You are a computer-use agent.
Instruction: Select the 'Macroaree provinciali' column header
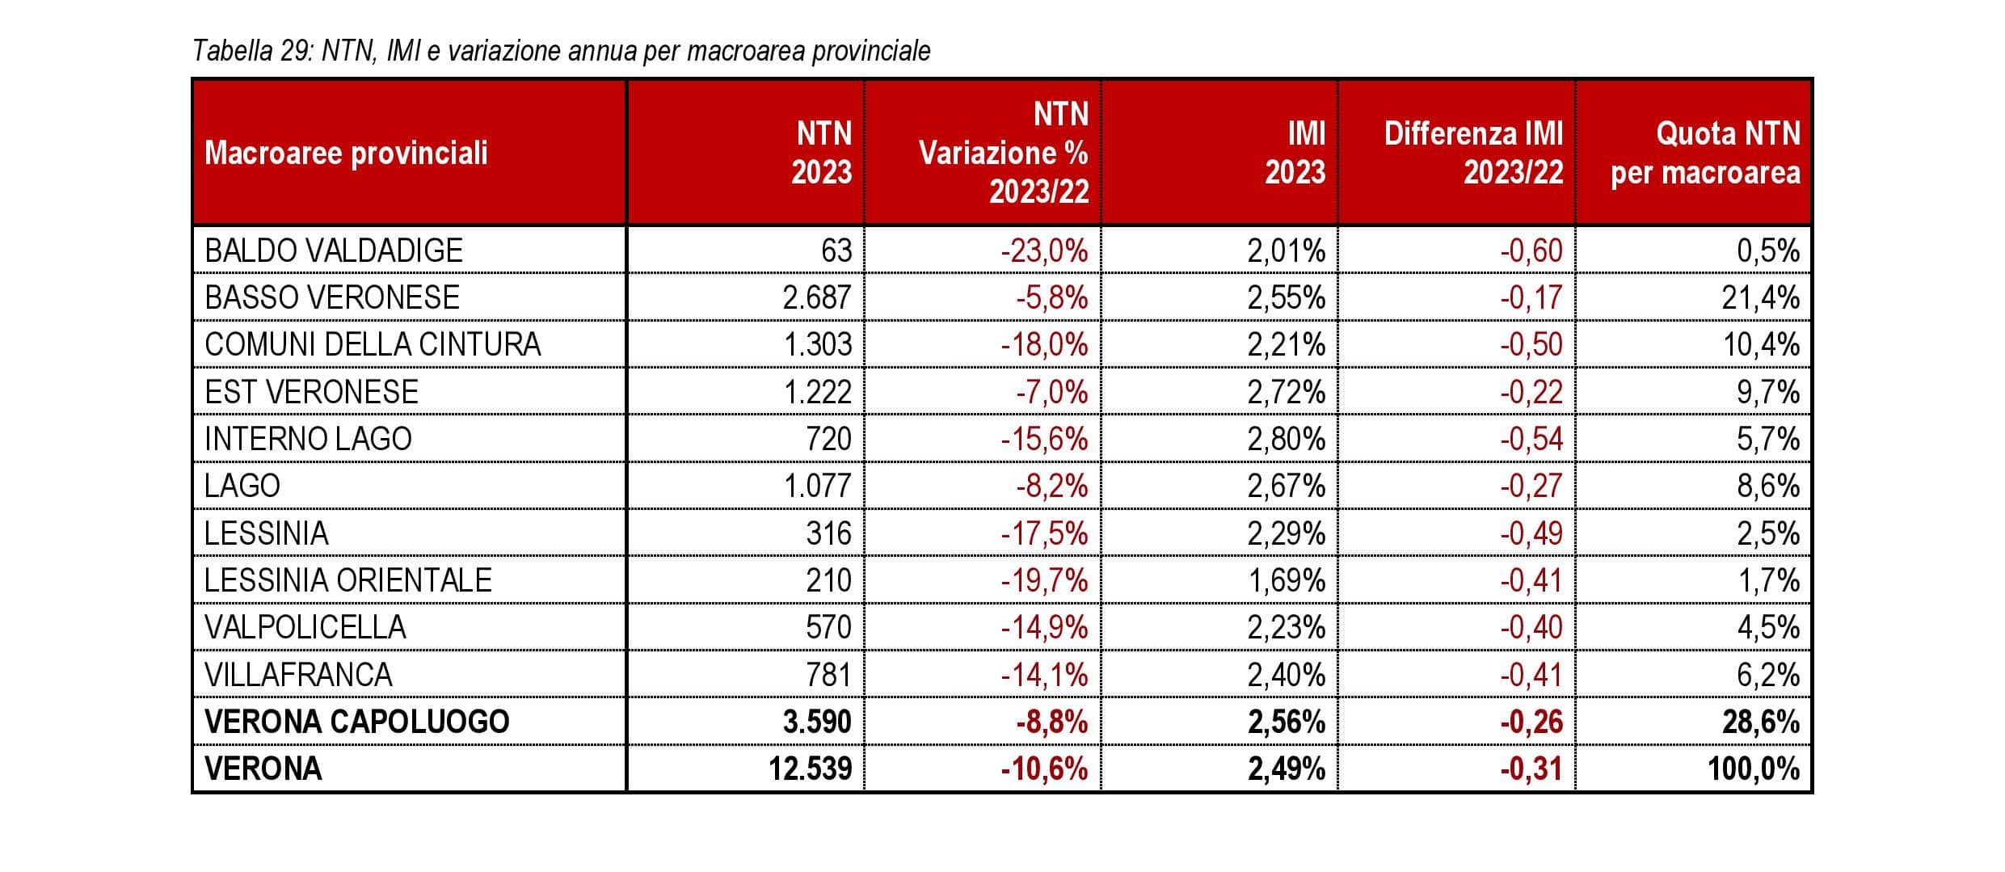[x=346, y=153]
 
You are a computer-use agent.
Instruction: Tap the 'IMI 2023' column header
[x=1295, y=153]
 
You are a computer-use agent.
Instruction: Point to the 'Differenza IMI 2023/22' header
[x=1472, y=153]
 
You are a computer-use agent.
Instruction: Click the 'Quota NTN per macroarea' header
[x=1705, y=153]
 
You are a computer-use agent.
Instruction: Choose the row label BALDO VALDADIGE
[x=334, y=251]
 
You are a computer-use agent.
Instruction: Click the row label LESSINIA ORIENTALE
[x=348, y=580]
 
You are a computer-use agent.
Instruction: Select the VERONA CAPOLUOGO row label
[x=356, y=722]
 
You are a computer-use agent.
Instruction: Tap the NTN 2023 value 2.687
[x=816, y=298]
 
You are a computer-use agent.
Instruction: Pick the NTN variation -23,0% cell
[x=1044, y=251]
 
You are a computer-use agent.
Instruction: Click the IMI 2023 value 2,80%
[x=1286, y=439]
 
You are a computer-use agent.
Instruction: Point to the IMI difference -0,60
[x=1531, y=251]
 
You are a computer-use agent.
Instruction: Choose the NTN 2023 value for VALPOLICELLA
[x=828, y=627]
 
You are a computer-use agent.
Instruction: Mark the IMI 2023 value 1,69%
[x=1286, y=580]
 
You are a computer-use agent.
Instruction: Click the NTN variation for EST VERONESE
[x=1051, y=392]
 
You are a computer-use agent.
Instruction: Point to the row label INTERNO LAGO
[x=308, y=439]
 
